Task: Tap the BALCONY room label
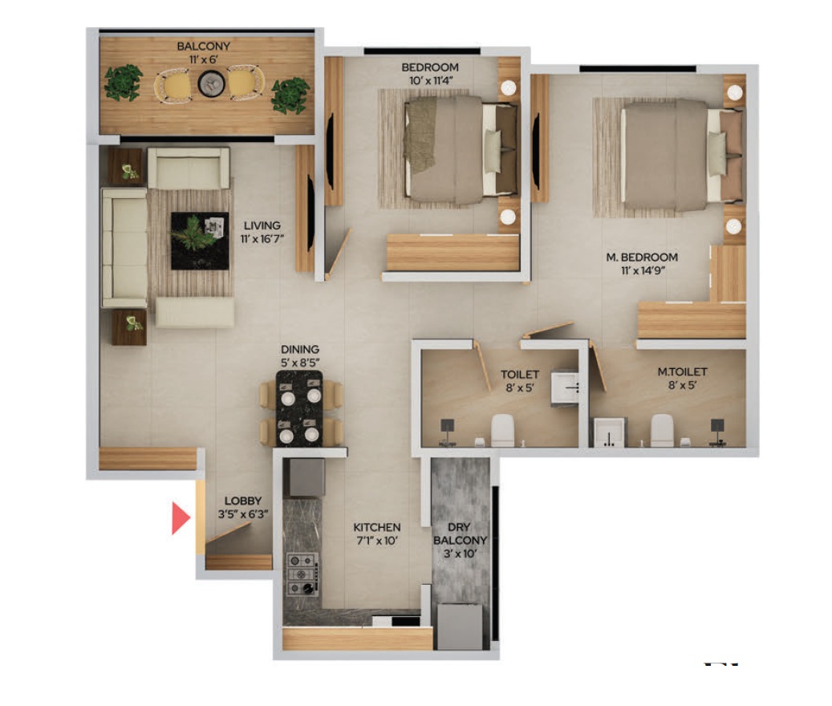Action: pyautogui.click(x=203, y=47)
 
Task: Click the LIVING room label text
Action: pyautogui.click(x=262, y=225)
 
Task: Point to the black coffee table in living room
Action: pyautogui.click(x=199, y=240)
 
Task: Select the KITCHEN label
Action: pyautogui.click(x=377, y=527)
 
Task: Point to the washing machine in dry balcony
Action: pyautogui.click(x=459, y=626)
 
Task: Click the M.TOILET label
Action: pyautogui.click(x=682, y=371)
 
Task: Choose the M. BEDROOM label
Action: pyautogui.click(x=642, y=258)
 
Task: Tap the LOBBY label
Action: pyautogui.click(x=243, y=501)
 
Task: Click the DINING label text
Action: pyautogui.click(x=300, y=349)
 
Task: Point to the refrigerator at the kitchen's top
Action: pyautogui.click(x=306, y=477)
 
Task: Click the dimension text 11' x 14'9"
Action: pyautogui.click(x=642, y=270)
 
